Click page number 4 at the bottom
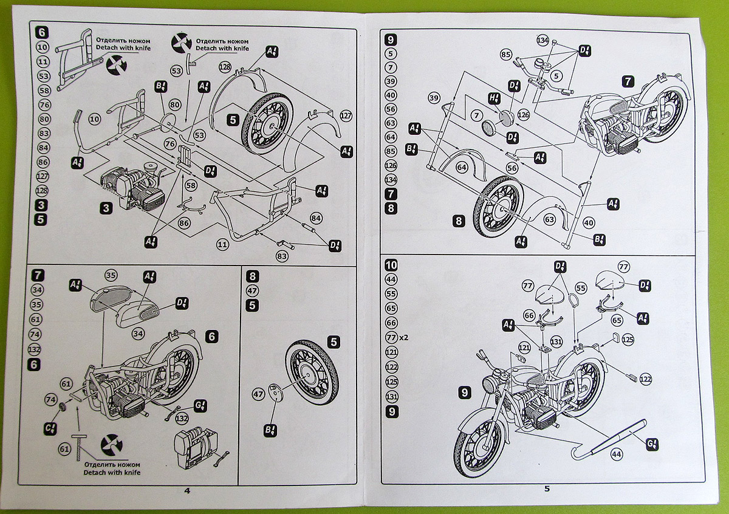187,491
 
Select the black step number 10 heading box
391,265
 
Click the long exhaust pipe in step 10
607,440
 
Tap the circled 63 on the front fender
549,219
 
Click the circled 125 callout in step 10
628,338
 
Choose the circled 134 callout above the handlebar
542,40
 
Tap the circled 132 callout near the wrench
181,419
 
